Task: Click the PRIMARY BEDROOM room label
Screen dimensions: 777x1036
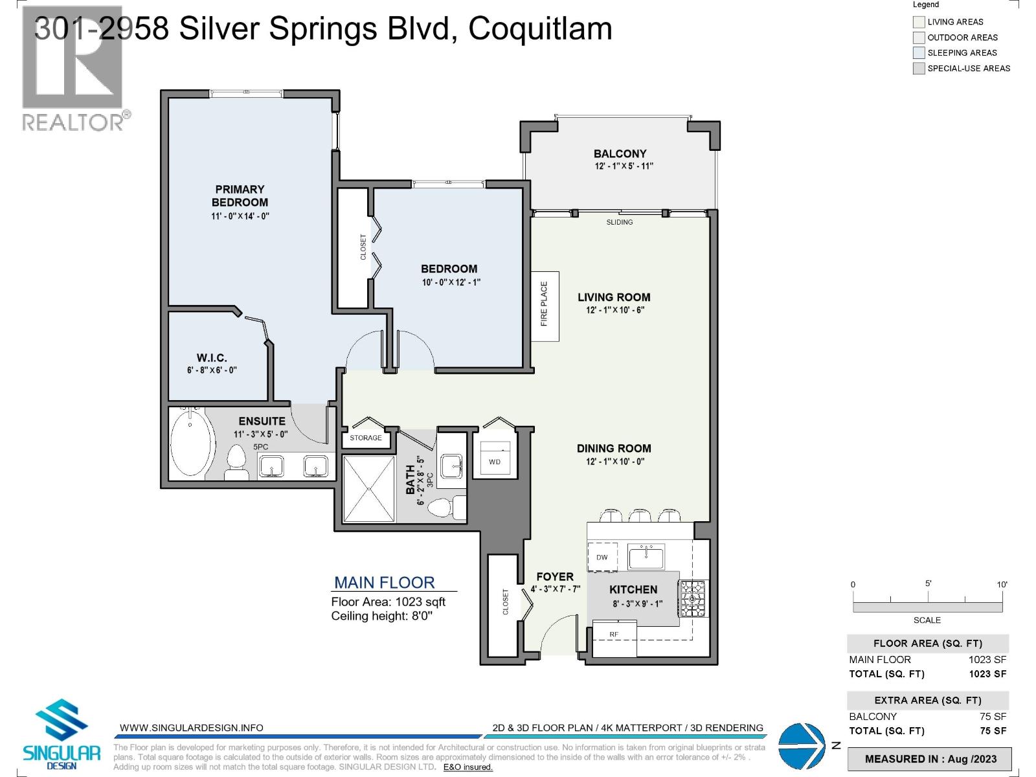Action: point(240,196)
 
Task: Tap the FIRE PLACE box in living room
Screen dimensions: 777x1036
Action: point(545,306)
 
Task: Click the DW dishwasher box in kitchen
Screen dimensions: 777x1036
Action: point(602,557)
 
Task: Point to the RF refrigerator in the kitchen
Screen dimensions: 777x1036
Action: point(614,635)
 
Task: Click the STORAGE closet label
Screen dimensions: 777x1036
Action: point(366,438)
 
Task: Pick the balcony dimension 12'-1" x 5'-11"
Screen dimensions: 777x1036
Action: point(624,166)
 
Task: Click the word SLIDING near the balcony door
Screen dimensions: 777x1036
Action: point(620,222)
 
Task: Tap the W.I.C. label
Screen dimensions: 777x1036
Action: point(212,357)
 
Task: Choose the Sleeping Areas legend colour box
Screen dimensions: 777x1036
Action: point(918,53)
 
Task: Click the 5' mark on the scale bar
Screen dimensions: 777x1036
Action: point(928,584)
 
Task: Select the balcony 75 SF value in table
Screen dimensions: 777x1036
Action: point(993,716)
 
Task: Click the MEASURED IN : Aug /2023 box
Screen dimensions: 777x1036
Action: point(930,759)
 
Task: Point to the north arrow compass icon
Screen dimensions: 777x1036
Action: point(800,745)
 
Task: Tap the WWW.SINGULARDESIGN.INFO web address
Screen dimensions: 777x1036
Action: point(192,728)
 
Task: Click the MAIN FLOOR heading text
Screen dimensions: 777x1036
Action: point(384,582)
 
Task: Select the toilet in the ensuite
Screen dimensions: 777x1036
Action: point(237,464)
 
